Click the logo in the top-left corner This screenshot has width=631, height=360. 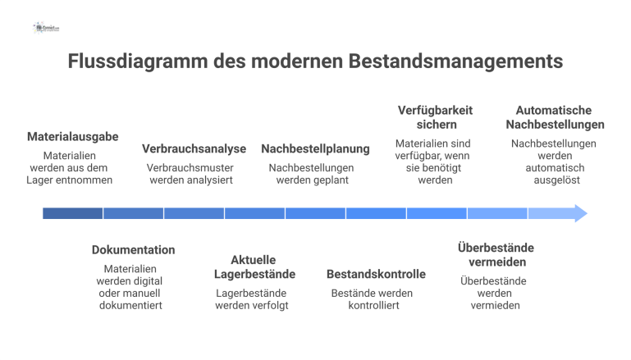coord(47,27)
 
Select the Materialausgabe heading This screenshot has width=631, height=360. coord(72,136)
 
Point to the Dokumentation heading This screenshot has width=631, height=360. coord(133,249)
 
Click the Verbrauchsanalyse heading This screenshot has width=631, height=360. coord(194,148)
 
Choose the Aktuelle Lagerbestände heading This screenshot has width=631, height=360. coord(254,267)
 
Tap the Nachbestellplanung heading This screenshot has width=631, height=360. coord(315,148)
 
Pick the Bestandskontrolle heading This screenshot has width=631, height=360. coord(376,274)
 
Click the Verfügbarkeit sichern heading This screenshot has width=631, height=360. coord(435,117)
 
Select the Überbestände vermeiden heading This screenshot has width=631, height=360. coord(497,254)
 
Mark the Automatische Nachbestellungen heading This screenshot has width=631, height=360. coord(555,117)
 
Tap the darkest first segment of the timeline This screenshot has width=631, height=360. coord(73,213)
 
